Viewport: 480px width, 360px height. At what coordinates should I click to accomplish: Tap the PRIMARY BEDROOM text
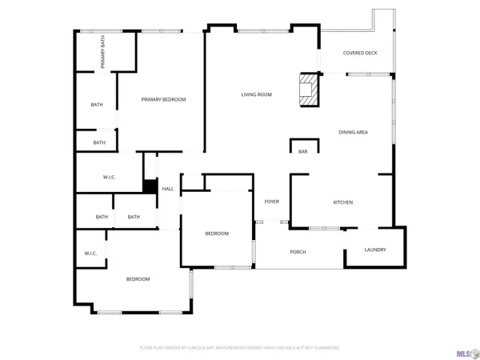(163, 99)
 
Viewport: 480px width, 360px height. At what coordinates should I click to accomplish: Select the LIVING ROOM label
(257, 94)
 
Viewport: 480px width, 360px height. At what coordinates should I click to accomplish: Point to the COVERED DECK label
(359, 54)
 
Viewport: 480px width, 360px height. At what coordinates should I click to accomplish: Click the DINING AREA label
(353, 132)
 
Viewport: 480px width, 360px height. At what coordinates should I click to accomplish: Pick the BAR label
(303, 151)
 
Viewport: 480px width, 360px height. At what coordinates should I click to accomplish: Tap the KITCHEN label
(342, 202)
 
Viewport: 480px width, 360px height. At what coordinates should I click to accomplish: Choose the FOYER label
(272, 202)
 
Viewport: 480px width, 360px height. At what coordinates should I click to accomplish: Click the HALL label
(168, 189)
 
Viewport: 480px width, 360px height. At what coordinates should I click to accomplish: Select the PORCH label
(298, 252)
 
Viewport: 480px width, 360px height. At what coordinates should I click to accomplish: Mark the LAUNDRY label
(375, 250)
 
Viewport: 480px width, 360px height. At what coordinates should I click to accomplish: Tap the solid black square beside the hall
(149, 187)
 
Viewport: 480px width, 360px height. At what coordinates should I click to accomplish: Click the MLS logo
(463, 350)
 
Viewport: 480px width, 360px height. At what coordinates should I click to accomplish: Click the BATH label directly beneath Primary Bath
(97, 105)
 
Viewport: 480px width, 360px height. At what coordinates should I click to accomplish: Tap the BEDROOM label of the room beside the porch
(217, 234)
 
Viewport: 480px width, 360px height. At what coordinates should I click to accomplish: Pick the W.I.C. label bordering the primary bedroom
(110, 177)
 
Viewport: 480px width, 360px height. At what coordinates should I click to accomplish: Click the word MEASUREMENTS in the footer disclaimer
(238, 348)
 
